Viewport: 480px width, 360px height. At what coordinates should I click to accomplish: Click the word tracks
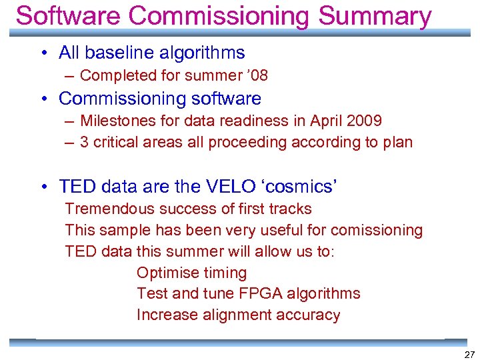[x=291, y=209]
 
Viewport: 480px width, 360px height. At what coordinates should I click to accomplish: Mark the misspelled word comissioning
[x=377, y=230]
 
